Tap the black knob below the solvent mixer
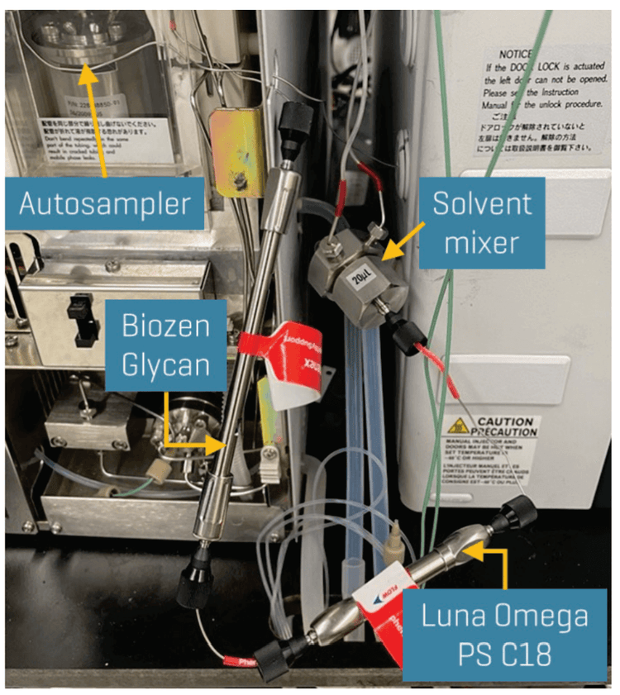point(410,334)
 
